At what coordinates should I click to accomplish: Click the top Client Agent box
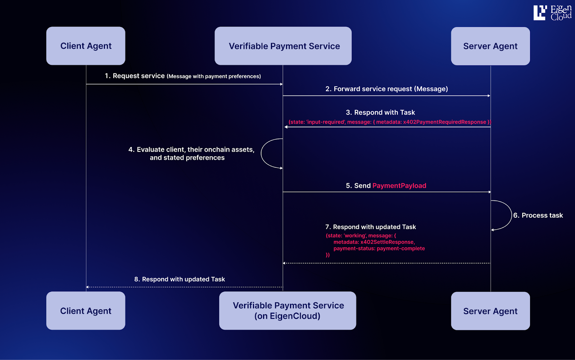click(86, 46)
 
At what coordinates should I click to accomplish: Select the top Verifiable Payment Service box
click(283, 46)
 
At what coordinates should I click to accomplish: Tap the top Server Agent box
click(490, 46)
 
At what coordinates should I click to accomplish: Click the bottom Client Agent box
click(86, 311)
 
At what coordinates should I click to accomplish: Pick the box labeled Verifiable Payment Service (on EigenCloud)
click(287, 311)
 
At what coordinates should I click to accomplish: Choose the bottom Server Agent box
click(490, 311)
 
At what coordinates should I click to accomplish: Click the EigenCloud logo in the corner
click(552, 13)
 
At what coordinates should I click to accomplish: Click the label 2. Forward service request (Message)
click(386, 89)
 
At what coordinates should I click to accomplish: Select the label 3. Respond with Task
click(380, 112)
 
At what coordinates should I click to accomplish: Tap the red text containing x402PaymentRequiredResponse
click(444, 122)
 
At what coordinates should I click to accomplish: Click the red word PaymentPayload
click(399, 186)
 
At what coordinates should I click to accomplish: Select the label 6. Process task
click(538, 216)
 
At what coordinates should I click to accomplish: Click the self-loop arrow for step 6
click(510, 215)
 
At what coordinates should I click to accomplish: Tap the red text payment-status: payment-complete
click(379, 249)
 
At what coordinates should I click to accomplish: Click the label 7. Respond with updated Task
click(371, 227)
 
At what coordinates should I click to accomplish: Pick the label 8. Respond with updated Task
click(179, 280)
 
